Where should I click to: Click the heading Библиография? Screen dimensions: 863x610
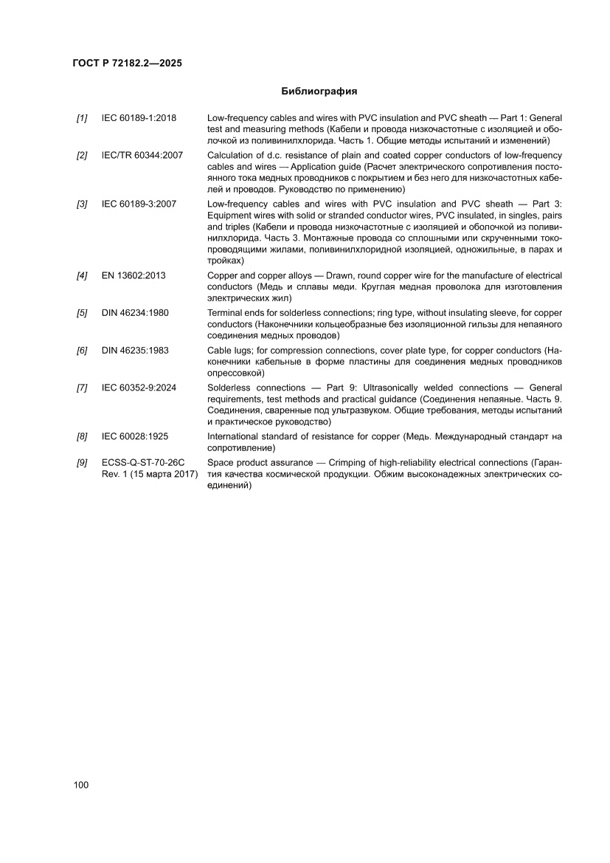pyautogui.click(x=319, y=92)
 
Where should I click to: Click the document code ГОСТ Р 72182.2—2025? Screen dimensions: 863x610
pyautogui.click(x=128, y=63)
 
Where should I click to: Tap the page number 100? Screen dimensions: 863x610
pyautogui.click(x=81, y=785)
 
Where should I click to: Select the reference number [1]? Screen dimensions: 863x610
pyautogui.click(x=82, y=118)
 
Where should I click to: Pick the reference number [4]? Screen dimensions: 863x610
pyautogui.click(x=82, y=276)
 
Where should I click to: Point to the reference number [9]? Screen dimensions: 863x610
pyautogui.click(x=82, y=462)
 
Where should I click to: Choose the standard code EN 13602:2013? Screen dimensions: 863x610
pyautogui.click(x=134, y=276)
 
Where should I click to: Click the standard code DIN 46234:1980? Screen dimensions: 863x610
pyautogui.click(x=135, y=313)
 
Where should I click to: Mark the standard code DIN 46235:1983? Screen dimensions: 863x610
pyautogui.click(x=135, y=350)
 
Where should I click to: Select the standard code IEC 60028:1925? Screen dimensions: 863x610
pyautogui.click(x=136, y=437)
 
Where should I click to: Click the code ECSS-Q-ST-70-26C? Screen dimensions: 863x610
pyautogui.click(x=142, y=462)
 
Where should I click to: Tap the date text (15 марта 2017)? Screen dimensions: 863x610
pyautogui.click(x=160, y=474)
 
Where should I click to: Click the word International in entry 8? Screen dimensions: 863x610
pyautogui.click(x=235, y=437)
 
